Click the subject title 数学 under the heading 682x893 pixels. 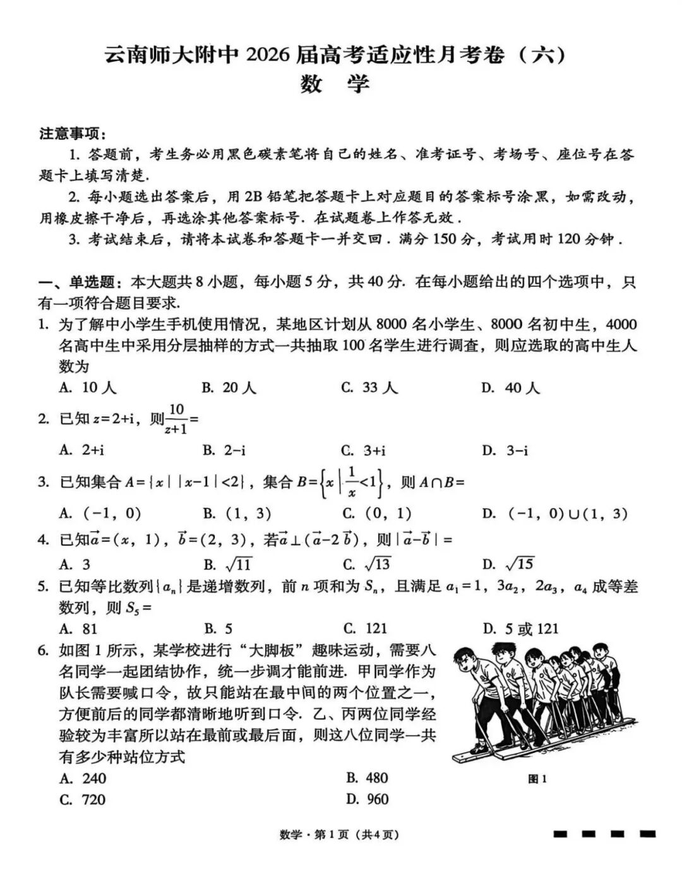click(x=334, y=84)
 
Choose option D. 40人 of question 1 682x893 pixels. click(x=510, y=388)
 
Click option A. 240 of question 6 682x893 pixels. click(x=83, y=778)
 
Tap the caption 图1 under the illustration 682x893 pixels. click(x=537, y=779)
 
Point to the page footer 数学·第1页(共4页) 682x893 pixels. click(x=340, y=835)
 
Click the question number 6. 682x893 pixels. click(x=43, y=650)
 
